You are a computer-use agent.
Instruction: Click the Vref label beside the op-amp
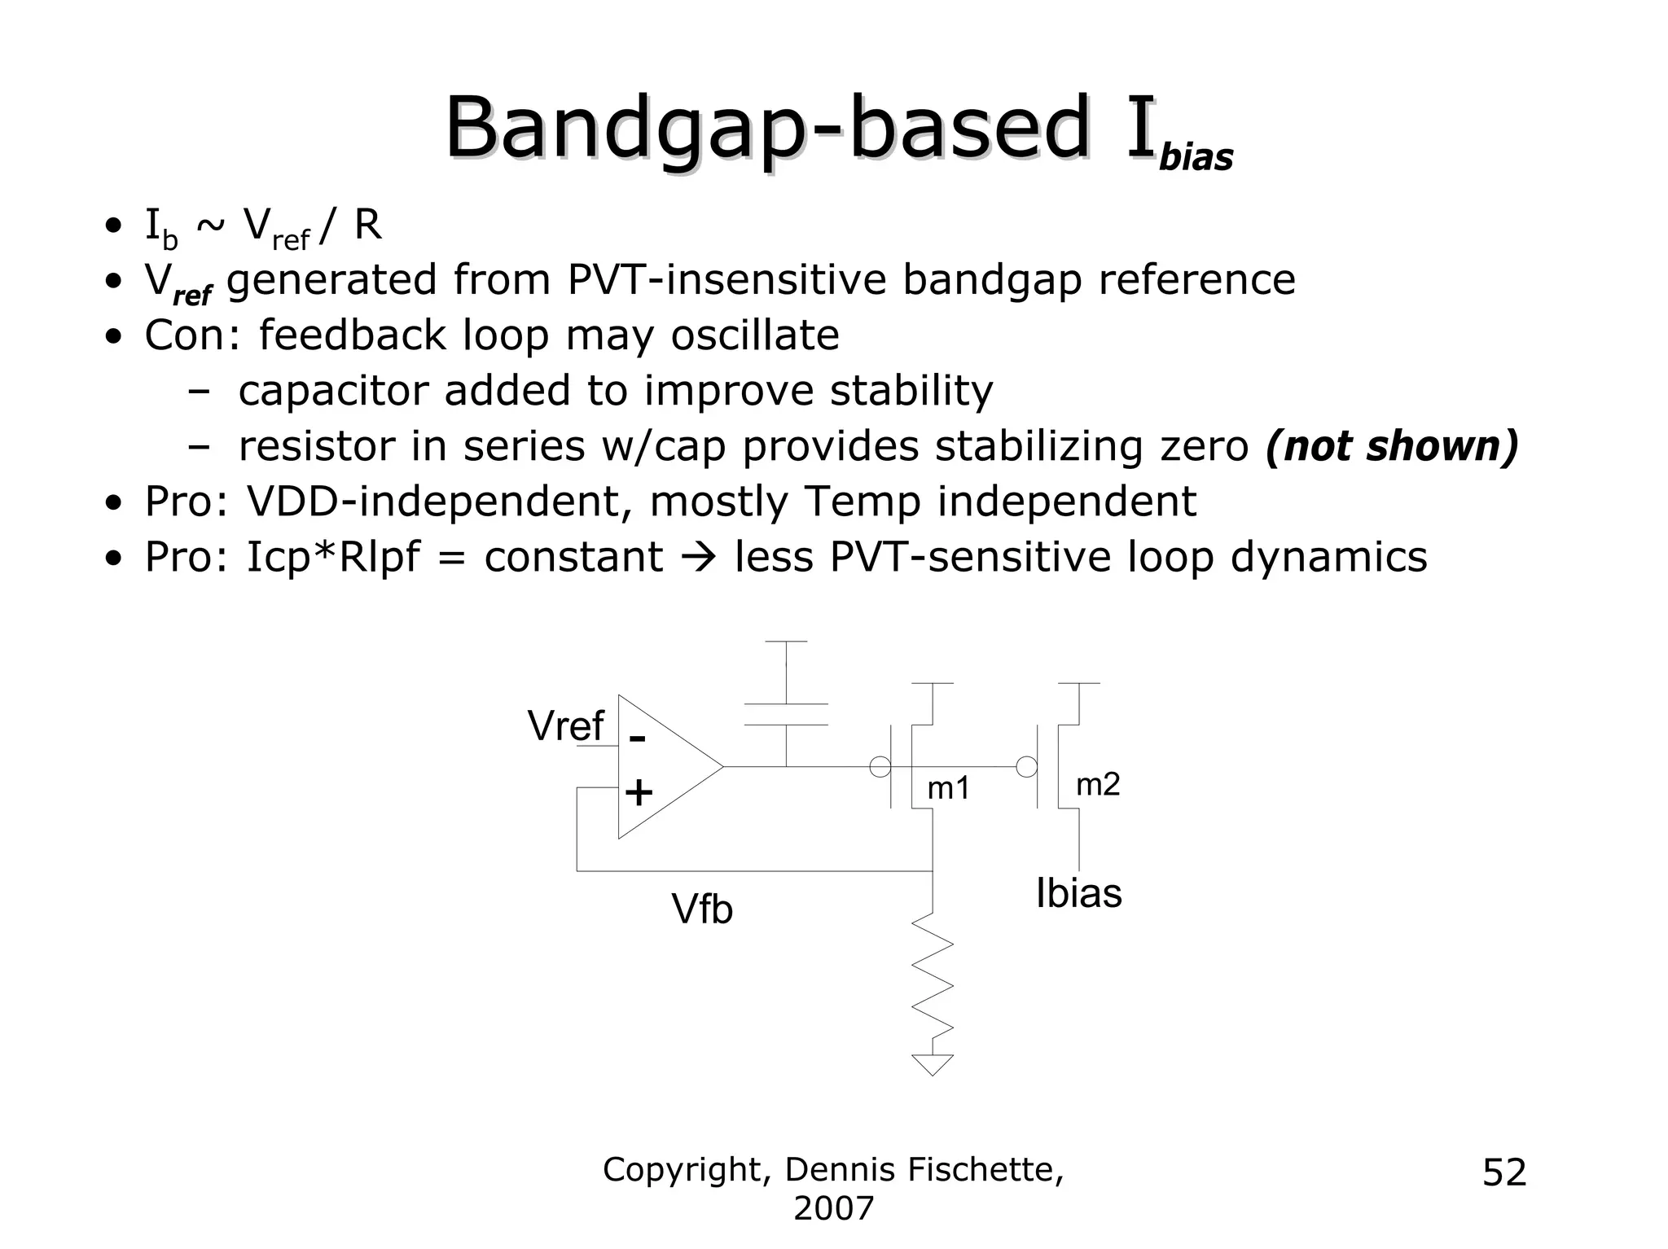click(565, 725)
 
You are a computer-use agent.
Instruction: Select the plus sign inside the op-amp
click(639, 792)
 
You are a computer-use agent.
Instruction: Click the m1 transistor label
click(949, 788)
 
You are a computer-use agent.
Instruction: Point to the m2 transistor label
click(1098, 784)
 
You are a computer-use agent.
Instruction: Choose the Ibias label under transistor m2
click(1078, 893)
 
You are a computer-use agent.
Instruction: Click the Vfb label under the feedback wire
click(702, 909)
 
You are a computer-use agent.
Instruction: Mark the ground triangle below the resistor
click(933, 1064)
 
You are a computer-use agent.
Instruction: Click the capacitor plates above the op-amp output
click(786, 714)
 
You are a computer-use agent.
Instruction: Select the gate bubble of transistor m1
click(880, 767)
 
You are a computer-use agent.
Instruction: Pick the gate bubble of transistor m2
click(1027, 767)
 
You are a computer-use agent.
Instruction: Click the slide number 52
click(1503, 1172)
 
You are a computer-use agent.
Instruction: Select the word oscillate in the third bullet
click(755, 335)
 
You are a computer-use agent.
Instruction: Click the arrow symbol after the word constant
click(698, 558)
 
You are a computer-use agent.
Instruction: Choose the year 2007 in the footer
click(833, 1209)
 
